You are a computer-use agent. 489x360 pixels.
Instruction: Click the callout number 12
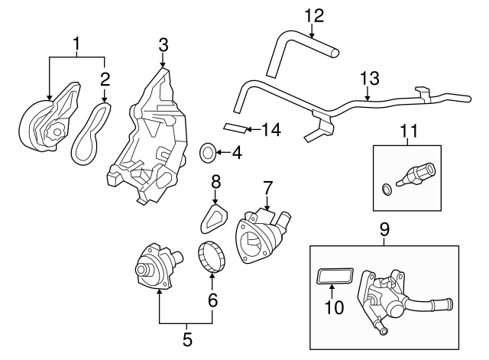(314, 14)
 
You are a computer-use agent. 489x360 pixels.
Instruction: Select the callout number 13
(369, 78)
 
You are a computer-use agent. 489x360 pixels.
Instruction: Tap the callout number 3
(164, 47)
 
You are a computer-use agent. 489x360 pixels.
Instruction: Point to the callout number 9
(384, 228)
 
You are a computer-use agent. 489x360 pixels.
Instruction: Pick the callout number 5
(186, 337)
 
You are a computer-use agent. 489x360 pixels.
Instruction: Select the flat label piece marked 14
(236, 127)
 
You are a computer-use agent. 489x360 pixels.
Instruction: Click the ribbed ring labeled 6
(211, 255)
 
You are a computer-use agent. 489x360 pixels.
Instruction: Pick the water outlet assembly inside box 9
(397, 298)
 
